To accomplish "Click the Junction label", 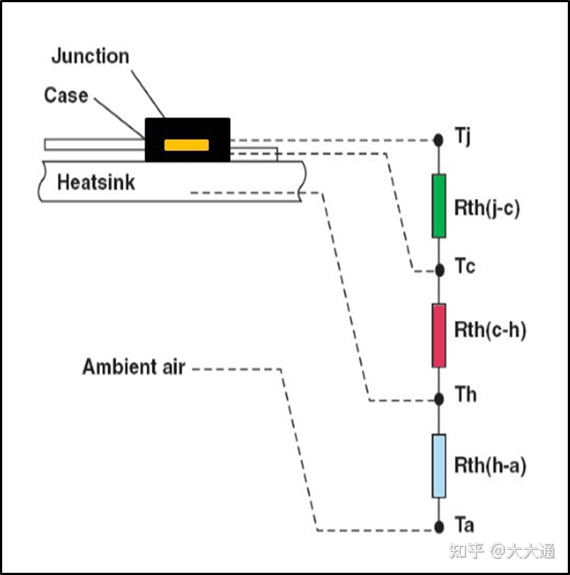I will point(90,56).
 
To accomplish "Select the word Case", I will point(66,95).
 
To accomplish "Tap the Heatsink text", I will point(96,182).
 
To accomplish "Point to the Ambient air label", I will point(134,367).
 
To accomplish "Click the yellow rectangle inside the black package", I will point(187,145).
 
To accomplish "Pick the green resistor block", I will point(439,206).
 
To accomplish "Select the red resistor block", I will point(439,335).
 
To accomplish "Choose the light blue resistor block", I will point(439,466).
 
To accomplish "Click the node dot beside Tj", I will point(438,140).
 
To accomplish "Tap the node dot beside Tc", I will point(439,269).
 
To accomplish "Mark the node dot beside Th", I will point(439,399).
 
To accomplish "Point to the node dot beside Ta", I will point(439,527).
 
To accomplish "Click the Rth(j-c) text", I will point(486,208).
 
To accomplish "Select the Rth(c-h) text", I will point(490,331).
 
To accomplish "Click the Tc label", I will point(465,267).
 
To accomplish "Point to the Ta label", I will point(465,525).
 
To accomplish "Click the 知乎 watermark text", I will point(467,550).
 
